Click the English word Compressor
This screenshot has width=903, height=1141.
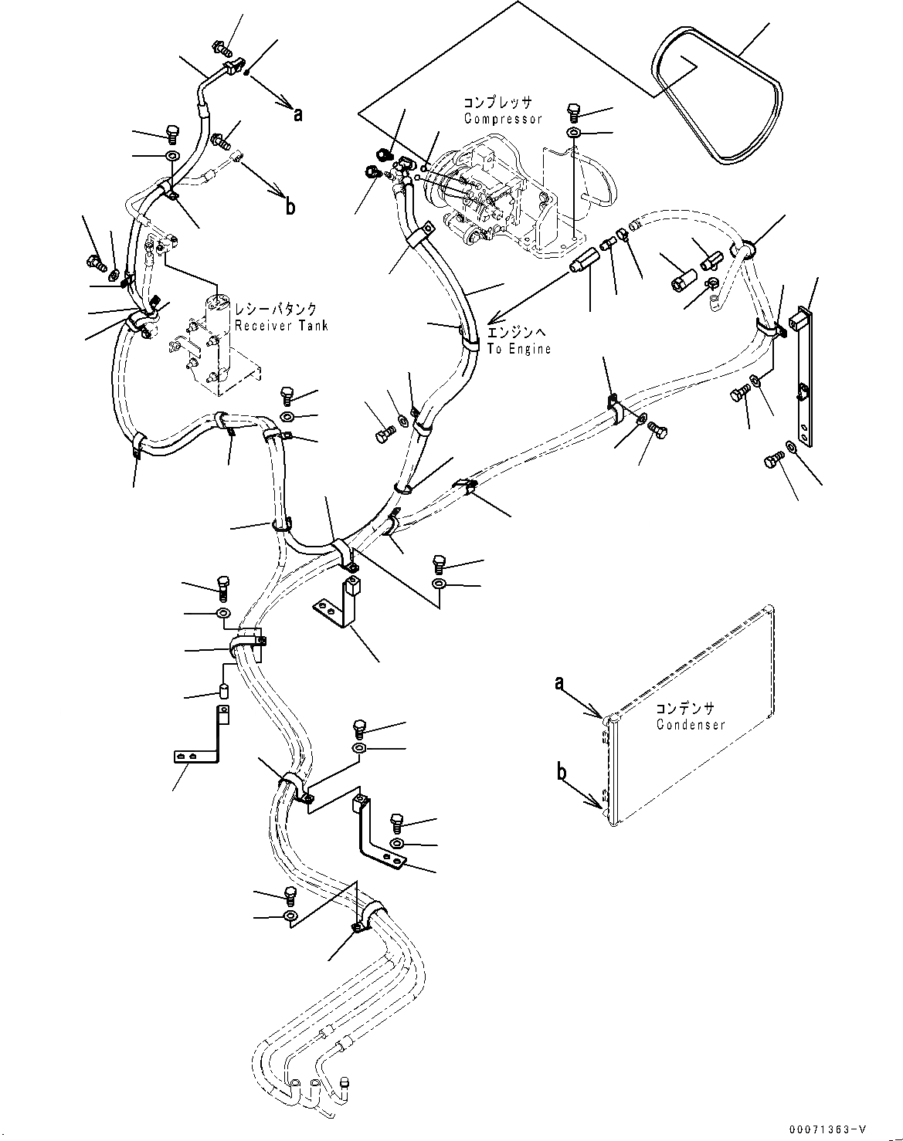click(502, 119)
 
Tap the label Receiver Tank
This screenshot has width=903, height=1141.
click(281, 325)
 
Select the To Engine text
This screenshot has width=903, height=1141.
click(518, 349)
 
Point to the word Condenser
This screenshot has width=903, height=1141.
click(691, 725)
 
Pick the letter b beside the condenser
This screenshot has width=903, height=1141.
click(561, 771)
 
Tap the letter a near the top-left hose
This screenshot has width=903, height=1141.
click(297, 114)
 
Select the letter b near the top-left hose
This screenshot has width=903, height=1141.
click(290, 207)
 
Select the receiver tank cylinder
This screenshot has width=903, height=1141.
click(219, 340)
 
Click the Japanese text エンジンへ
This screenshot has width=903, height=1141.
click(516, 333)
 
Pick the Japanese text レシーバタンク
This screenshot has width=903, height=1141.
click(276, 309)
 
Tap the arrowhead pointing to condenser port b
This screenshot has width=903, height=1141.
click(601, 805)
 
